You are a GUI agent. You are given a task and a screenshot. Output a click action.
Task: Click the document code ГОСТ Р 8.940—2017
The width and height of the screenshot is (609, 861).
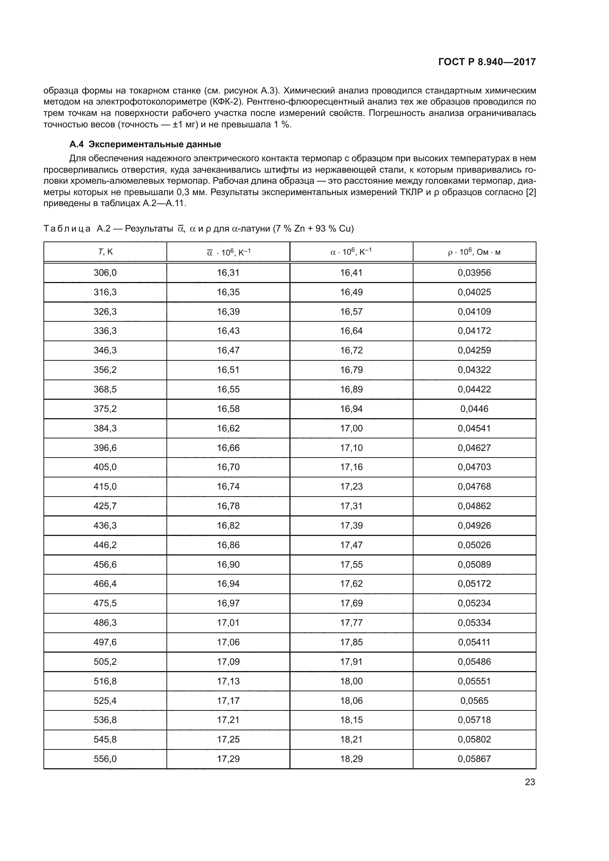point(487,62)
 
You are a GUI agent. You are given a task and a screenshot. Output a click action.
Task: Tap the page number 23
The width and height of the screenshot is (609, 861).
point(530,782)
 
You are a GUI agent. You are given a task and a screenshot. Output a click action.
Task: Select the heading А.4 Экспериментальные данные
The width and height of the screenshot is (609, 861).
point(145,144)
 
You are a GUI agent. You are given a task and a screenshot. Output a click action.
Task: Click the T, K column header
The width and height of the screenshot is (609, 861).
point(105,252)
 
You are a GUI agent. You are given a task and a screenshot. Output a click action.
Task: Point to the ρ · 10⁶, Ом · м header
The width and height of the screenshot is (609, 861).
point(474,252)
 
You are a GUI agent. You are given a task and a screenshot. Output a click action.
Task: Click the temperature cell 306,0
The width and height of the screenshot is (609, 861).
point(105,273)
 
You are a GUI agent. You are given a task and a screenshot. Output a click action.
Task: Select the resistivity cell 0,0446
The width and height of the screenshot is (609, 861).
point(474,409)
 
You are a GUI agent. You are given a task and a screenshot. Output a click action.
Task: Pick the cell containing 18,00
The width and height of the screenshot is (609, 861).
point(351,681)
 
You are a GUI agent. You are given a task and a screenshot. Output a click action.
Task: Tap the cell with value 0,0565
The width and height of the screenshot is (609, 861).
point(474,701)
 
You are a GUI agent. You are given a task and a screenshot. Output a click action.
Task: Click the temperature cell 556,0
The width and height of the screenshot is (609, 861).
point(105,759)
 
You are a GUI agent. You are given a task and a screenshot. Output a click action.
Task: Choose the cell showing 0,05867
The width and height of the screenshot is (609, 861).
point(474,759)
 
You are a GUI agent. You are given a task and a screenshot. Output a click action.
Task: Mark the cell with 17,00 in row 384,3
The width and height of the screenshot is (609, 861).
point(351,428)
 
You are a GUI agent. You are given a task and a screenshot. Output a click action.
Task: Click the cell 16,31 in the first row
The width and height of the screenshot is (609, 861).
point(228,273)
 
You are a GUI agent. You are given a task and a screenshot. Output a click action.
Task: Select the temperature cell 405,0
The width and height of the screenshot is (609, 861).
point(105,467)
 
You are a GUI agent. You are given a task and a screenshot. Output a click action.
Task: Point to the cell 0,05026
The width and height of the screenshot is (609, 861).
point(474,545)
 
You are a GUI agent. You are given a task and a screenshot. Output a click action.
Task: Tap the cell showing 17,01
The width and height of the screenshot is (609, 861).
point(228,622)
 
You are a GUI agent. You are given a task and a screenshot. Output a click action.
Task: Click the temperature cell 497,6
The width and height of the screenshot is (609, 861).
point(105,642)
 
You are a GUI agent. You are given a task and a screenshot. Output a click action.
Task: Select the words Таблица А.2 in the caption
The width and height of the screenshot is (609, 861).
point(77,228)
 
